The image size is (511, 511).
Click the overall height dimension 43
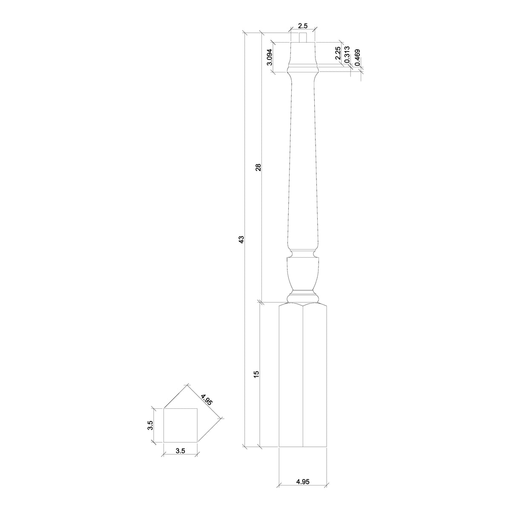tap(241, 239)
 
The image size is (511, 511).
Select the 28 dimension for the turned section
tap(258, 167)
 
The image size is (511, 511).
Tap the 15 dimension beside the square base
tap(256, 374)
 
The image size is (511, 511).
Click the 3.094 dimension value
tap(269, 57)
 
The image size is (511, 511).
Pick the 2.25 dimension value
tap(337, 53)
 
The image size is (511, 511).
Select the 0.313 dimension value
tap(347, 55)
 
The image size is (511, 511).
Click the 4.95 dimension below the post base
tap(303, 482)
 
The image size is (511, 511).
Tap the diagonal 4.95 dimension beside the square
tap(207, 401)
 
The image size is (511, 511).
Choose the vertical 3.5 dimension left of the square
tap(150, 425)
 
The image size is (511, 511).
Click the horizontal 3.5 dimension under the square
tap(180, 451)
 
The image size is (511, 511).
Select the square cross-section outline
tap(181, 425)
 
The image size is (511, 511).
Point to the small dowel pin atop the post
tap(303, 37)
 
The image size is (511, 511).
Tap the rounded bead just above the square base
tap(303, 296)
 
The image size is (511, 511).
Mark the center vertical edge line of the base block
tap(303, 375)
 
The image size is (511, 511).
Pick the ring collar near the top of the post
tap(303, 68)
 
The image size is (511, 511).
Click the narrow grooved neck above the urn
tap(303, 254)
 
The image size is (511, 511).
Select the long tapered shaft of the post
tap(303, 162)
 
